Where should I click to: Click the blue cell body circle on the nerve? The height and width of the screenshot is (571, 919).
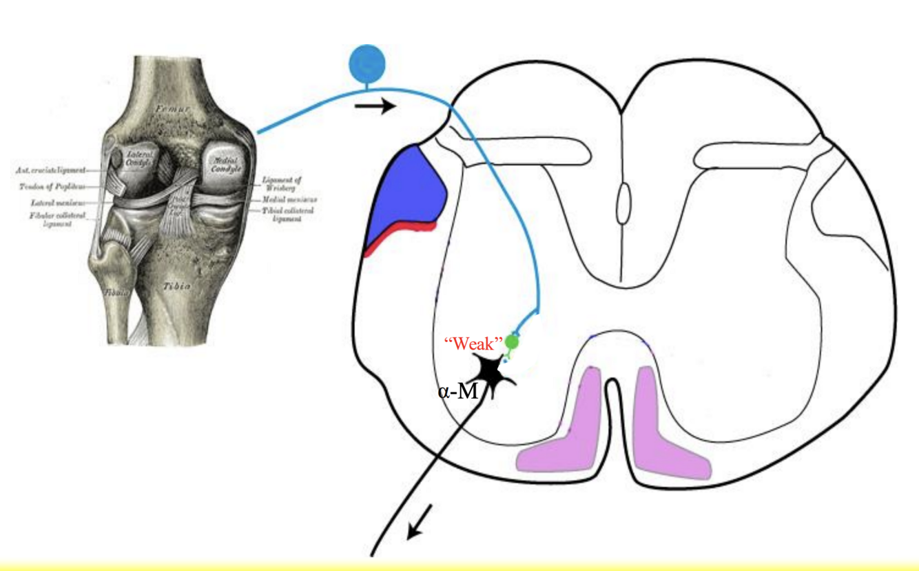[366, 63]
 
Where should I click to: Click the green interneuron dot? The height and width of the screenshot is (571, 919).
[512, 341]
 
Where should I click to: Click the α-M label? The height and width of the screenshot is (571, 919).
[457, 392]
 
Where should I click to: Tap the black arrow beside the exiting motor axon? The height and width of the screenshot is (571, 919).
[421, 521]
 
